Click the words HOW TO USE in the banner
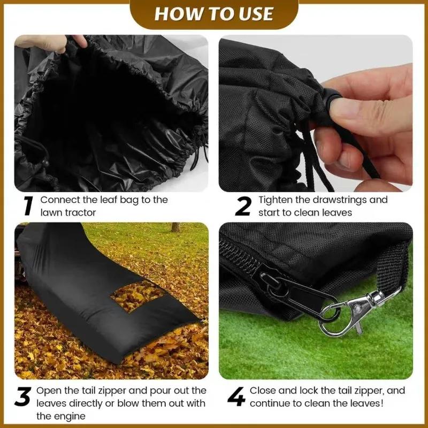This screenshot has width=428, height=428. pos(214,14)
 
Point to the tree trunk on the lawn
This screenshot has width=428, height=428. pos(175,227)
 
